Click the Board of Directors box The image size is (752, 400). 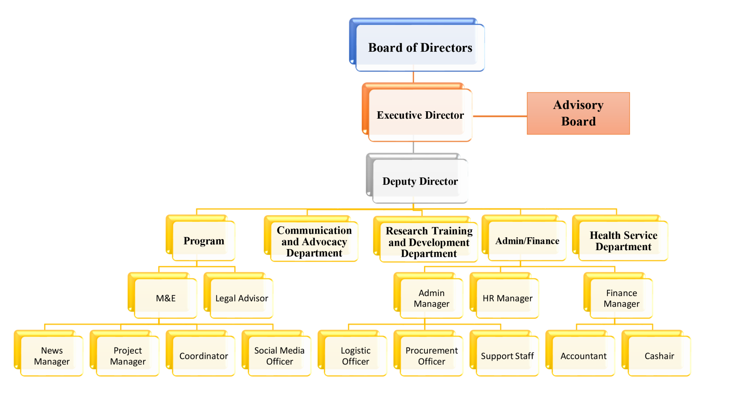pos(420,48)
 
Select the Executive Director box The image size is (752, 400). pos(420,115)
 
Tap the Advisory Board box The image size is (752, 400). pos(578,113)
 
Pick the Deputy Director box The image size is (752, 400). pos(420,181)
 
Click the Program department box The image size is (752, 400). pos(203,241)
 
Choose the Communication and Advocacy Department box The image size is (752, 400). pos(314,242)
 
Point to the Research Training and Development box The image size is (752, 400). pos(429,242)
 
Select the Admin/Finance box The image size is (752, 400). pos(527,241)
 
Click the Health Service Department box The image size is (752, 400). pos(623,241)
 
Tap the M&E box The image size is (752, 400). pos(166,298)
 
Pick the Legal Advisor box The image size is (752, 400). pos(242,298)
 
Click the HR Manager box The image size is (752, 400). pos(507,298)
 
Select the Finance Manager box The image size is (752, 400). pos(621,298)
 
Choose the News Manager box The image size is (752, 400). pos(52,356)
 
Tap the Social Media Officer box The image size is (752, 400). pos(279,356)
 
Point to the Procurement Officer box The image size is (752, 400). pos(431,356)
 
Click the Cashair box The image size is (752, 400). pos(659,356)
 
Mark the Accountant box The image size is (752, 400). pos(583,356)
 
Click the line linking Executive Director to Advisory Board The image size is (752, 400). pos(499,116)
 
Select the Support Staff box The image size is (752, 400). pos(507,356)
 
